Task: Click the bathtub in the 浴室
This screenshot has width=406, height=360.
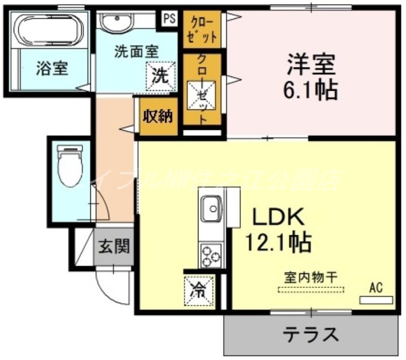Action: pyautogui.click(x=50, y=30)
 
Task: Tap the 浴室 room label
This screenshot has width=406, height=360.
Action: pyautogui.click(x=52, y=68)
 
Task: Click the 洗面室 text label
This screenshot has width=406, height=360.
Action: pyautogui.click(x=136, y=51)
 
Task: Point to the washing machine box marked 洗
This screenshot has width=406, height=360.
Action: pyautogui.click(x=161, y=76)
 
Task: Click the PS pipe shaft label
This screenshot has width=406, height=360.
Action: pyautogui.click(x=170, y=19)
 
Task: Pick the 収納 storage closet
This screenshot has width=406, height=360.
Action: pyautogui.click(x=157, y=116)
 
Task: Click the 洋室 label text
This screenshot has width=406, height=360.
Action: pyautogui.click(x=311, y=66)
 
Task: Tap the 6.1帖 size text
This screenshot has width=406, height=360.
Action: pyautogui.click(x=311, y=91)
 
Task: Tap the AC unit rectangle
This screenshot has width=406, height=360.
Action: pyautogui.click(x=376, y=300)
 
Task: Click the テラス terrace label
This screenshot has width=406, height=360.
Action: pyautogui.click(x=311, y=334)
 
